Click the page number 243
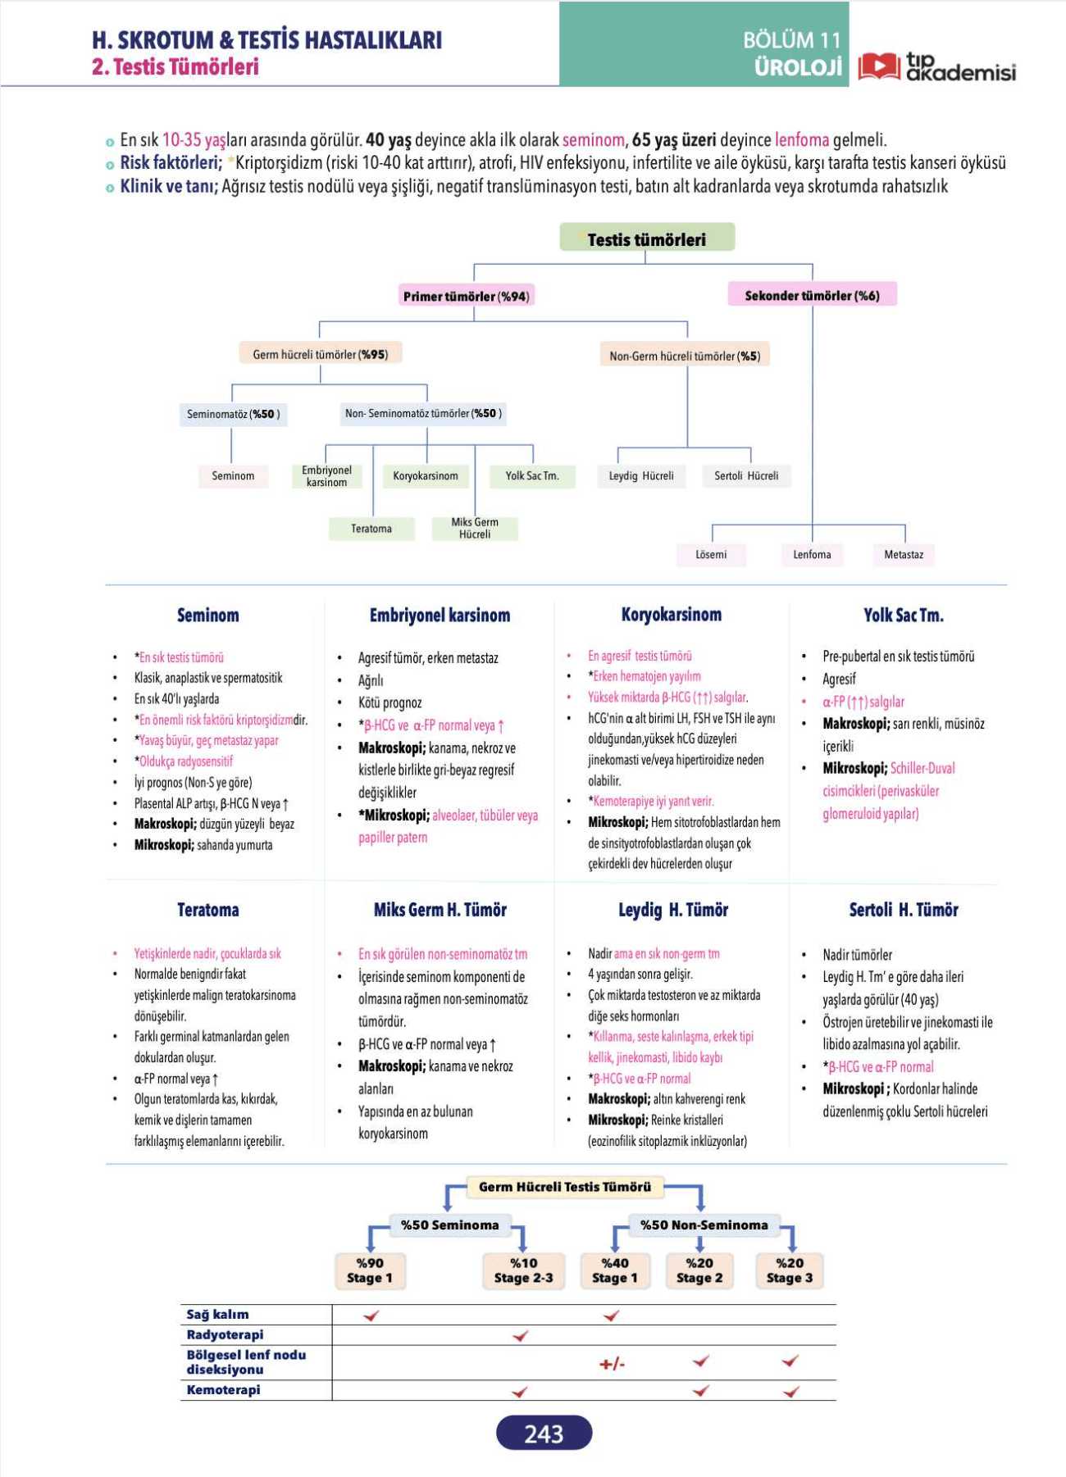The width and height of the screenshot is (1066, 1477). (x=544, y=1433)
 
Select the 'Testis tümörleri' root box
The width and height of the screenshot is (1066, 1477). (x=647, y=239)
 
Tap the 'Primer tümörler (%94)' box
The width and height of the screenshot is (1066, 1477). (x=466, y=296)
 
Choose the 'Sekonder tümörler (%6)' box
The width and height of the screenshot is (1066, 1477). (x=812, y=295)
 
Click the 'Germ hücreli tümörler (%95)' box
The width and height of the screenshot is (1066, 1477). (x=321, y=354)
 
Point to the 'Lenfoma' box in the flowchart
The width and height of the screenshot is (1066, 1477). (x=812, y=555)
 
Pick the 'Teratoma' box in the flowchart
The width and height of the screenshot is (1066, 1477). (x=371, y=529)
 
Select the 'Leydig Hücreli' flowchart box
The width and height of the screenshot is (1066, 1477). (x=640, y=475)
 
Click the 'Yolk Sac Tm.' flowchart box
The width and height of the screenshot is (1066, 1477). (x=532, y=475)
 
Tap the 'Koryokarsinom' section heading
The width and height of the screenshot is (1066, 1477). (x=671, y=615)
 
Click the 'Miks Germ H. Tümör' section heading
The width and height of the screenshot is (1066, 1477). (x=440, y=909)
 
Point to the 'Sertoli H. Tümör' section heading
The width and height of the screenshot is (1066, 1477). (x=904, y=909)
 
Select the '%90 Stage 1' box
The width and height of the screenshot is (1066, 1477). (x=370, y=1270)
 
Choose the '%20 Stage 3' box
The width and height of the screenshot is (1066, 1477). (x=790, y=1270)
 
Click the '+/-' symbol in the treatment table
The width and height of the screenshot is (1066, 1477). (x=612, y=1364)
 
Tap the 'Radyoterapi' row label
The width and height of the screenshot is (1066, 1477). (x=225, y=1334)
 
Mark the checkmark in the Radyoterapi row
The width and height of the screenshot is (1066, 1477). (x=520, y=1336)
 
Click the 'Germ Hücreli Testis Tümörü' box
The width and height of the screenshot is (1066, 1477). (x=565, y=1187)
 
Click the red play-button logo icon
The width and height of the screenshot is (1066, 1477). (x=879, y=66)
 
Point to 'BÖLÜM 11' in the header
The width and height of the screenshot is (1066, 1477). (x=792, y=39)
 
